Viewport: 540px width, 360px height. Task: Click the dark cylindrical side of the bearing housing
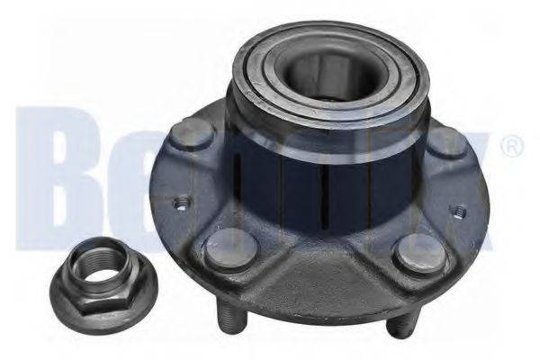point(297,171)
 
